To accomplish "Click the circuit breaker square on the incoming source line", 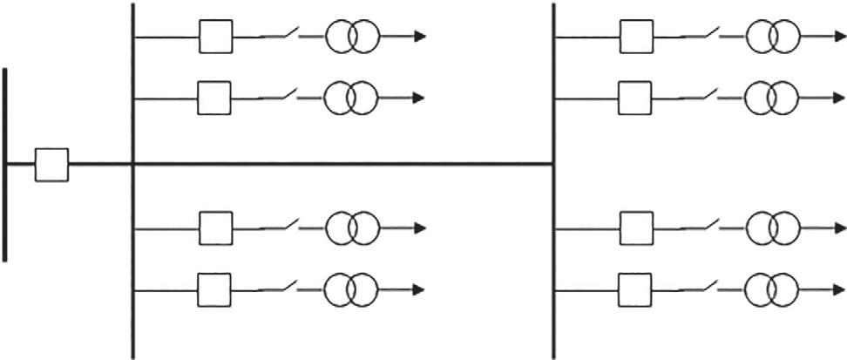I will [51, 164].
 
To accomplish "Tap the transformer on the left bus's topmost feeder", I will [352, 37].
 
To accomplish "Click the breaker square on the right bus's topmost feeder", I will [636, 37].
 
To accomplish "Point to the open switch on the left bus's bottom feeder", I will [281, 286].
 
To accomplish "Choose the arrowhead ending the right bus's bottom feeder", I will [840, 287].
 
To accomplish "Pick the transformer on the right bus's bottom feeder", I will [772, 287].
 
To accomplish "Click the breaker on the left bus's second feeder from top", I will [214, 98].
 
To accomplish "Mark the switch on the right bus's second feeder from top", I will [701, 96].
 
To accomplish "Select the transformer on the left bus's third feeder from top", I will [352, 228].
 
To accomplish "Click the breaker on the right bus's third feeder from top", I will [636, 228].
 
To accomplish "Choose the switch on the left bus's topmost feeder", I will [281, 36].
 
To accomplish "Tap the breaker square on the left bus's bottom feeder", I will [214, 287].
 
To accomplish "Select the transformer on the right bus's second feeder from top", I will [772, 98].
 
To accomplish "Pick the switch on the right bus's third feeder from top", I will [701, 227].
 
